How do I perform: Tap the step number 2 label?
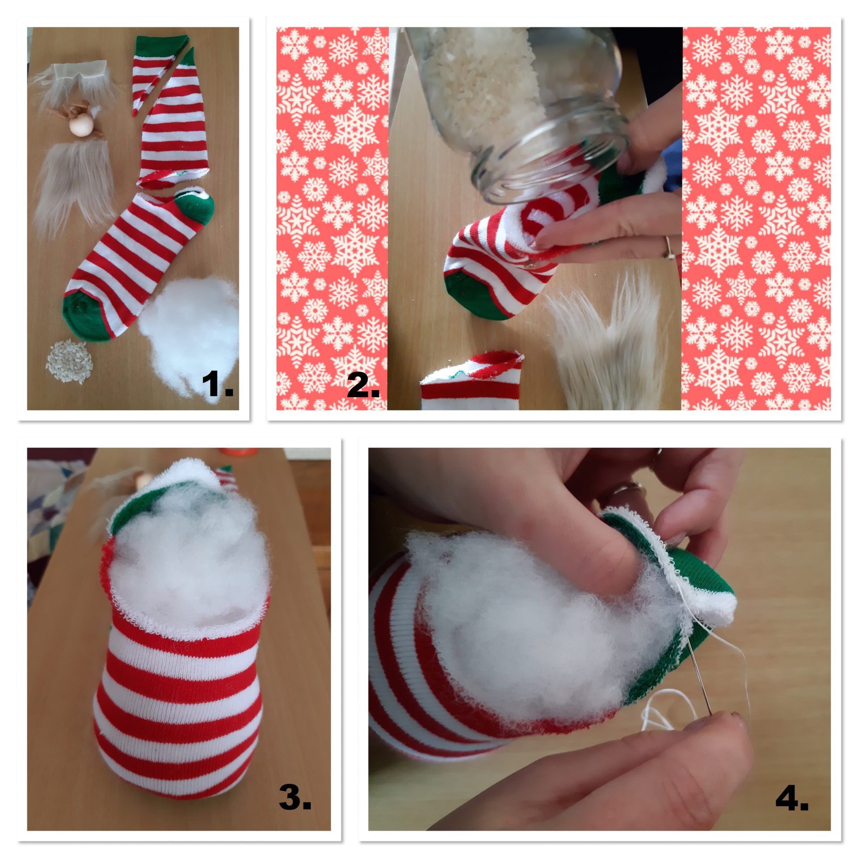[x=363, y=384]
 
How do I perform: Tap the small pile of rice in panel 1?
[x=69, y=362]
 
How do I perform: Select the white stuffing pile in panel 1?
[x=190, y=335]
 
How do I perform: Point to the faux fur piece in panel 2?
[x=608, y=344]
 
